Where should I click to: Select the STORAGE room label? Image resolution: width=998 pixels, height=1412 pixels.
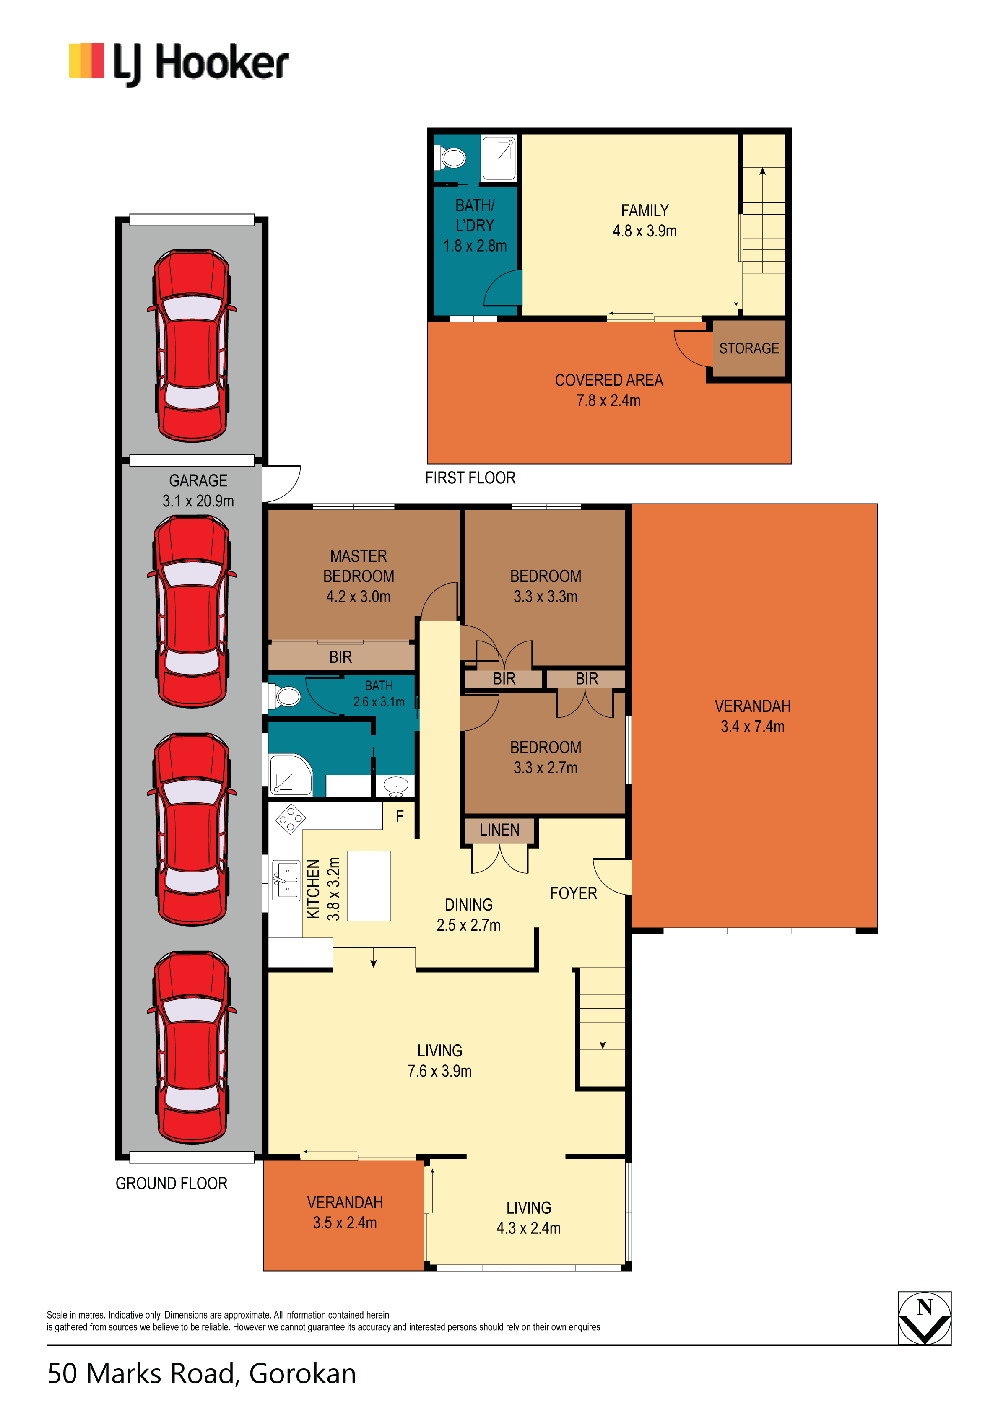point(749,349)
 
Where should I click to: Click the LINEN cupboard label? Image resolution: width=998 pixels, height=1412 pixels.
point(499,830)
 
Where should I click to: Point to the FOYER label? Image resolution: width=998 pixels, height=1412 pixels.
point(574,893)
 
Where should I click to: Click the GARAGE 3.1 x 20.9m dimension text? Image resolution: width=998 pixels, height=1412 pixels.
point(198,501)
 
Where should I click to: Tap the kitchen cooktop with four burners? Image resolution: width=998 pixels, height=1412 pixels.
point(291,819)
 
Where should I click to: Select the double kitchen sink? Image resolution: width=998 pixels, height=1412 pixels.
point(286,880)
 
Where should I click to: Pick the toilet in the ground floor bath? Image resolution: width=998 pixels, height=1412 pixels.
point(284,697)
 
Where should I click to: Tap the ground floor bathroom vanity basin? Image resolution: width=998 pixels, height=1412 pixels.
point(395,786)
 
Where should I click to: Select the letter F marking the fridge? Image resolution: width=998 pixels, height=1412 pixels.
point(400,817)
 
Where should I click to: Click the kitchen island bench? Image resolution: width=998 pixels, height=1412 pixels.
point(369,886)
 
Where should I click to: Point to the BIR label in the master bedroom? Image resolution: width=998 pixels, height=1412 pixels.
point(340,657)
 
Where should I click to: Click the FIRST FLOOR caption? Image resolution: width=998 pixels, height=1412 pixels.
point(470,478)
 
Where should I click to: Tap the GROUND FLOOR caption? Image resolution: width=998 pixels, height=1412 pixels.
point(172,1184)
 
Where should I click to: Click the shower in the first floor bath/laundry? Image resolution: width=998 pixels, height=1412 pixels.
point(499,158)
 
